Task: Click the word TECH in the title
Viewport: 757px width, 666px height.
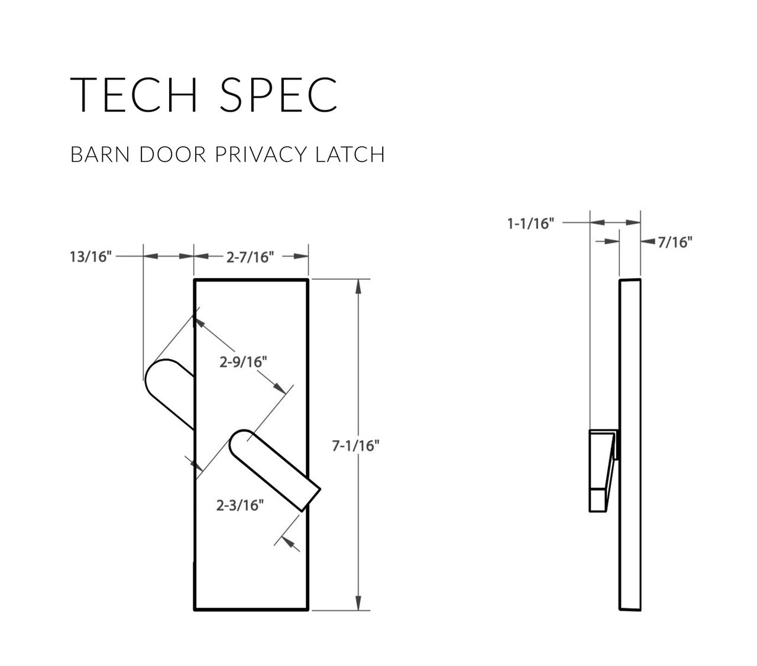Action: [135, 95]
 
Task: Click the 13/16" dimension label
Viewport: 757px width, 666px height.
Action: [90, 257]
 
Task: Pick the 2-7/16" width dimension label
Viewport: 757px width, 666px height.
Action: [251, 257]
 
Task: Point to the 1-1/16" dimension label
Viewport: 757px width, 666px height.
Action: [530, 224]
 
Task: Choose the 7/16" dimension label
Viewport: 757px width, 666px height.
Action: [674, 242]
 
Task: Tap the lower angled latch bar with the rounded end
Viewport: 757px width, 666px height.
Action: [273, 467]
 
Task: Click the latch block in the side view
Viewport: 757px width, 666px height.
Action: [601, 470]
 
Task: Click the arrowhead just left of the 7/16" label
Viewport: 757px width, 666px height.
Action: [647, 242]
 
